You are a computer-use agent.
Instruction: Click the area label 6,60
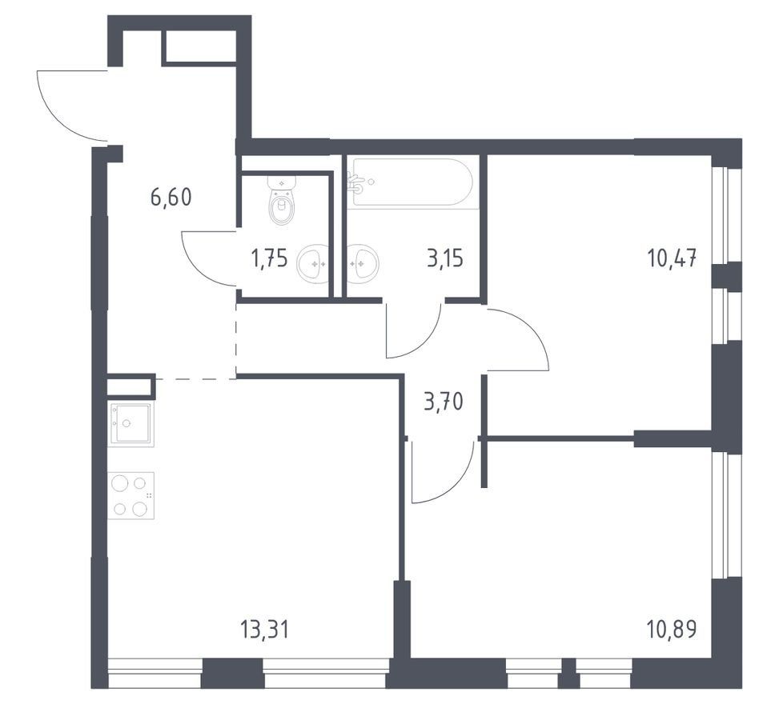(171, 198)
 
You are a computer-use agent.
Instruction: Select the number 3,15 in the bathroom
(445, 258)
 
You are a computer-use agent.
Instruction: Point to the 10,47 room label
(672, 258)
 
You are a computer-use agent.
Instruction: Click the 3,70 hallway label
(444, 401)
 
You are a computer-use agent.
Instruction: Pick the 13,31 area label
(264, 630)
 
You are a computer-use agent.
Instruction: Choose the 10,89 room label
(672, 630)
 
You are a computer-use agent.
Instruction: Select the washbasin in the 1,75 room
(312, 264)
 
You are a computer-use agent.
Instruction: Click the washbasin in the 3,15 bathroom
(363, 264)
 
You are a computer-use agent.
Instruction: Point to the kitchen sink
(131, 423)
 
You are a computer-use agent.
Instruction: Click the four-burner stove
(131, 495)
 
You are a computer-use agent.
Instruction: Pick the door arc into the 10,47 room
(534, 328)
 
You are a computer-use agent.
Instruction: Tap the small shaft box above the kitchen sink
(129, 386)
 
